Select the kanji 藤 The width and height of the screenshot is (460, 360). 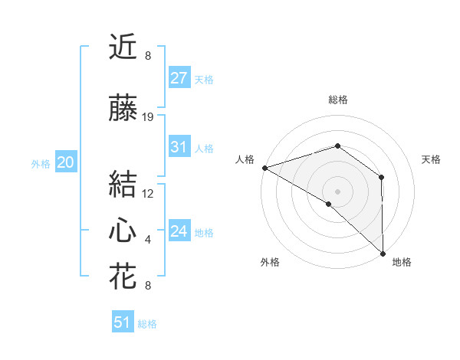click(x=123, y=110)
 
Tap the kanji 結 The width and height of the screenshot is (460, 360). click(x=123, y=185)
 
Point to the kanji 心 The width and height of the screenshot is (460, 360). click(x=123, y=231)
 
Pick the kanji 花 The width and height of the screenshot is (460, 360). click(x=123, y=277)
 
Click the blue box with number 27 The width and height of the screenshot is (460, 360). click(x=179, y=78)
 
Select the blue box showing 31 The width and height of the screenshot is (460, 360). click(x=179, y=147)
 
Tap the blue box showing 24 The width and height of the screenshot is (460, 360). click(x=179, y=231)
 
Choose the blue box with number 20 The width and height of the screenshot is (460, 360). click(x=65, y=162)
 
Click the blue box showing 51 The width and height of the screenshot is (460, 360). click(x=123, y=322)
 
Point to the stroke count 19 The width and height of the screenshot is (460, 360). click(x=148, y=117)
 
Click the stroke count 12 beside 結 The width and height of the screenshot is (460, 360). click(x=148, y=193)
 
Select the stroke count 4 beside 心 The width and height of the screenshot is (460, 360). click(x=148, y=240)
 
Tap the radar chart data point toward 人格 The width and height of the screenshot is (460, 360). click(x=264, y=168)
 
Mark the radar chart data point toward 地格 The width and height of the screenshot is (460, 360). click(x=383, y=253)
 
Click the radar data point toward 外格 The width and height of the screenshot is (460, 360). click(x=329, y=204)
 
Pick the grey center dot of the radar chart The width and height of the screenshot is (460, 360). click(x=337, y=191)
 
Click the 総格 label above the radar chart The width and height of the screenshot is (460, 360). click(x=338, y=100)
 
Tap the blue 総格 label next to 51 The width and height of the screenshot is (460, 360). click(x=147, y=324)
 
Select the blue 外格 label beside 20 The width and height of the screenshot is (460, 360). click(x=40, y=163)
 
